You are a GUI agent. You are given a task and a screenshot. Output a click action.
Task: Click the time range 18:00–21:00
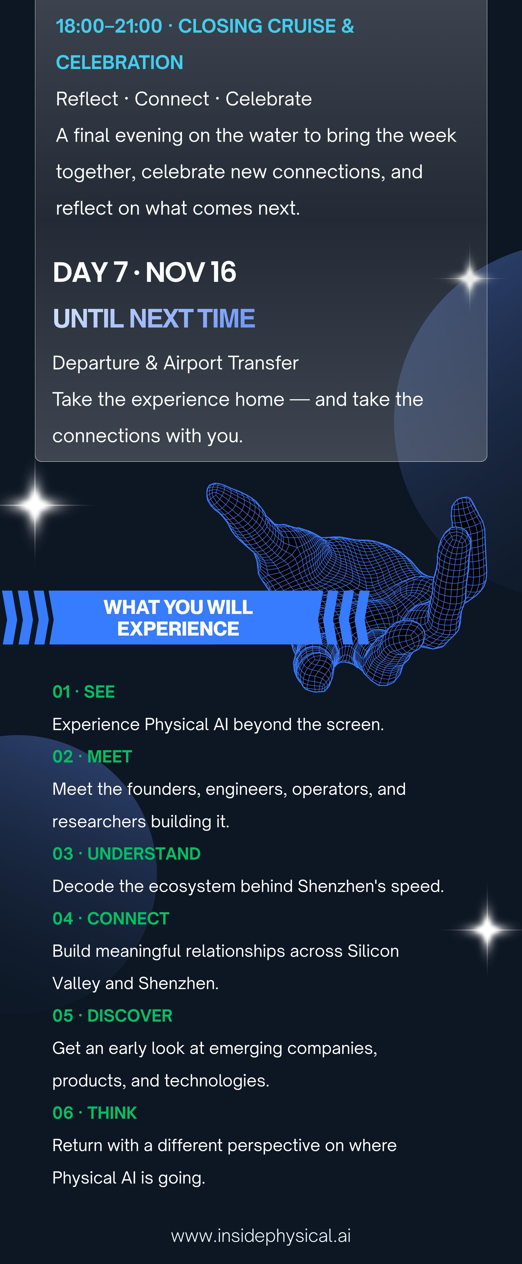pyautogui.click(x=109, y=26)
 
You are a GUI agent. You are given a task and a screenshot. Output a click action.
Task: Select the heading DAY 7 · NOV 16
pyautogui.click(x=144, y=272)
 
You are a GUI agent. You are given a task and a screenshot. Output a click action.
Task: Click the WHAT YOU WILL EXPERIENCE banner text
pyautogui.click(x=178, y=618)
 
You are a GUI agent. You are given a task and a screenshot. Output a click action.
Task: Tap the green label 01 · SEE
pyautogui.click(x=84, y=692)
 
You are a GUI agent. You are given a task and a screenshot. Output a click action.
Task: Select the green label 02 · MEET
pyautogui.click(x=92, y=757)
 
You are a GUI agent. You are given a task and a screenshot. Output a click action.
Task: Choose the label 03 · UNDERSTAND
pyautogui.click(x=127, y=854)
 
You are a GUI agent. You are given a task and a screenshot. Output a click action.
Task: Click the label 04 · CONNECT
pyautogui.click(x=111, y=918)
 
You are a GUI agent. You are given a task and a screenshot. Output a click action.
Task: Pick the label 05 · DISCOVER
pyautogui.click(x=112, y=1016)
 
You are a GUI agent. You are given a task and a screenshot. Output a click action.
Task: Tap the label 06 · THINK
pyautogui.click(x=95, y=1113)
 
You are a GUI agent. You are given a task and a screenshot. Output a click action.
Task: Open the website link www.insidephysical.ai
pyautogui.click(x=261, y=1236)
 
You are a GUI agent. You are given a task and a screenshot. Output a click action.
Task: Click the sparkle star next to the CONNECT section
pyautogui.click(x=487, y=929)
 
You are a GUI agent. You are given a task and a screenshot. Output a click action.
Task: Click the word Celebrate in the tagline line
pyautogui.click(x=269, y=99)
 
